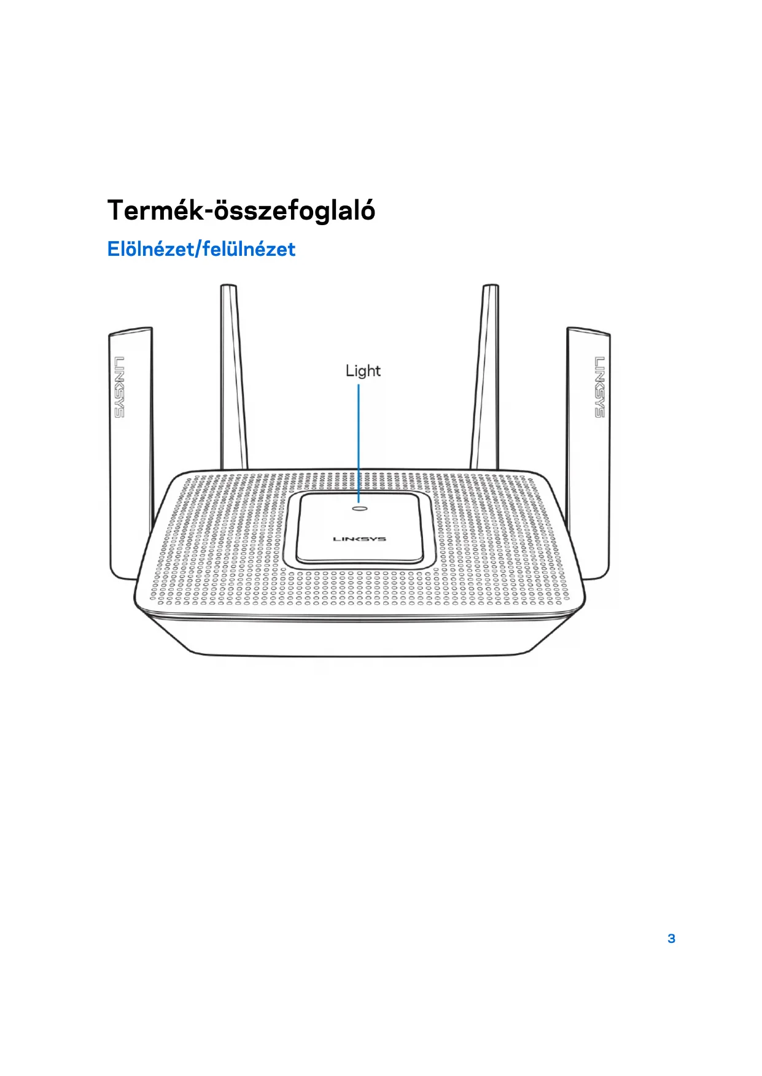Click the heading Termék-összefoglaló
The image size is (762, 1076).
pos(241,210)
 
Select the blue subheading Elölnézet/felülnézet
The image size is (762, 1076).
pos(201,249)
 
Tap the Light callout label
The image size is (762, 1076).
pos(363,371)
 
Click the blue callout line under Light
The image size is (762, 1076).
pos(359,442)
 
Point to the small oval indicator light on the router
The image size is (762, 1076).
pos(359,508)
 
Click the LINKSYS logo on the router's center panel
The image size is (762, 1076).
pos(359,539)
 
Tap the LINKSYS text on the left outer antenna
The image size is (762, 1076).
pos(119,386)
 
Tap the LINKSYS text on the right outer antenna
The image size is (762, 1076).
pos(599,386)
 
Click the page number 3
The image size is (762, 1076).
pos(671,938)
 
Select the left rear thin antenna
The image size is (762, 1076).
pos(234,380)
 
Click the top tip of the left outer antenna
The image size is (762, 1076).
pos(131,332)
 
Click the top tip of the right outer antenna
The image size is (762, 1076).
pos(588,332)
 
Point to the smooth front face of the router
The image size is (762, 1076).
pos(359,635)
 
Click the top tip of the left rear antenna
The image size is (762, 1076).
pos(228,286)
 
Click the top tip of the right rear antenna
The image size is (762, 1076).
pos(491,286)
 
